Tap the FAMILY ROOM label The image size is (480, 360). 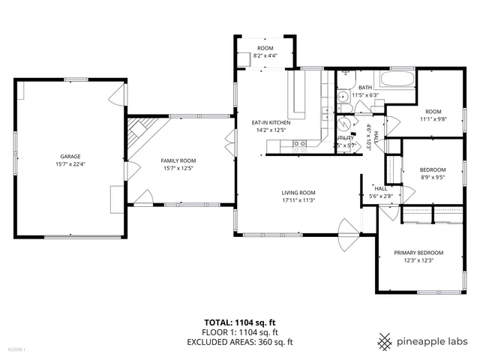178,160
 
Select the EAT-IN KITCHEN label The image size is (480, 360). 270,122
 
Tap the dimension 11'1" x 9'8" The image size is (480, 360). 433,118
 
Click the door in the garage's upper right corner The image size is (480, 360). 115,95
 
